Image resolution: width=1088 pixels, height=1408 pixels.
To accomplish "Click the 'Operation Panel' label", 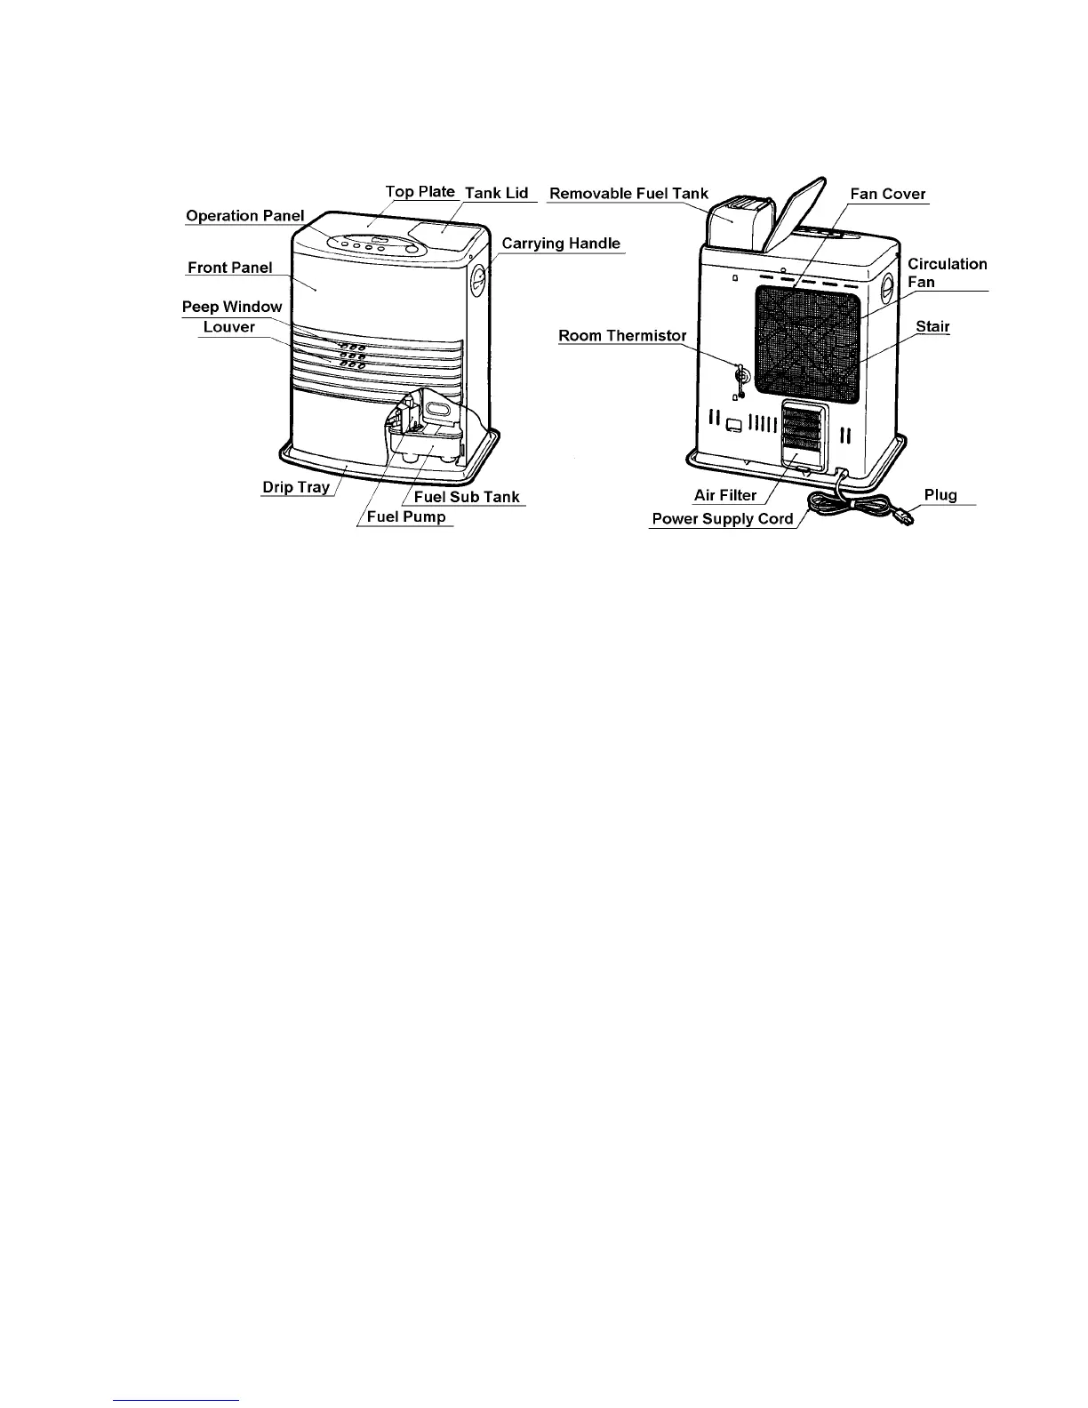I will (244, 216).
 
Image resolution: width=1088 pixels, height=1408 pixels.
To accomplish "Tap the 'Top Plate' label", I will (420, 192).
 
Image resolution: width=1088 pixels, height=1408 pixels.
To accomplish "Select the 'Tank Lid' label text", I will (497, 193).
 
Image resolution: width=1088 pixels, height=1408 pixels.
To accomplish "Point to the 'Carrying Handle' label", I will (561, 244).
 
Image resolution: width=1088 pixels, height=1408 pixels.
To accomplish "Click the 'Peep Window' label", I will (232, 307).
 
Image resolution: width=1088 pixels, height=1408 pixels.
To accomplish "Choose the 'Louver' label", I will (229, 327).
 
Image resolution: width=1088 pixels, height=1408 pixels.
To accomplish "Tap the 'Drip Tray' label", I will (295, 487).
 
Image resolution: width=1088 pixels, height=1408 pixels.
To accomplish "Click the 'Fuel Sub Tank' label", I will (467, 497).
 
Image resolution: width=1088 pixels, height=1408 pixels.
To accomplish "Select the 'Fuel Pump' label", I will (406, 517).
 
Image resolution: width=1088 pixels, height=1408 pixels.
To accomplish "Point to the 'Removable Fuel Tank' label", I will (629, 193).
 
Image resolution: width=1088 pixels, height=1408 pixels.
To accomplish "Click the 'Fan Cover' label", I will (888, 194).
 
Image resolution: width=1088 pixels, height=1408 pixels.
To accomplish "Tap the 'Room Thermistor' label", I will (622, 336).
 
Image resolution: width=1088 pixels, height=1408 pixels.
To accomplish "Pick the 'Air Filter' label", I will (725, 496).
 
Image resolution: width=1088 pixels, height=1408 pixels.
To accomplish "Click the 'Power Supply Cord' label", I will (723, 519).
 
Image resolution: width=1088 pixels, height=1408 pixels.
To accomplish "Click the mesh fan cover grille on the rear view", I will (807, 343).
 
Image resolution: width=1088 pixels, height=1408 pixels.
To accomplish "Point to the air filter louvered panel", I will (804, 432).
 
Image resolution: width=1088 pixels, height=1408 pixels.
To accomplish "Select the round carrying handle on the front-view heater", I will (478, 283).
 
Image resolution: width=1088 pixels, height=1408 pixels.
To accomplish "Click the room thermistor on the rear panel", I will (738, 377).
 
